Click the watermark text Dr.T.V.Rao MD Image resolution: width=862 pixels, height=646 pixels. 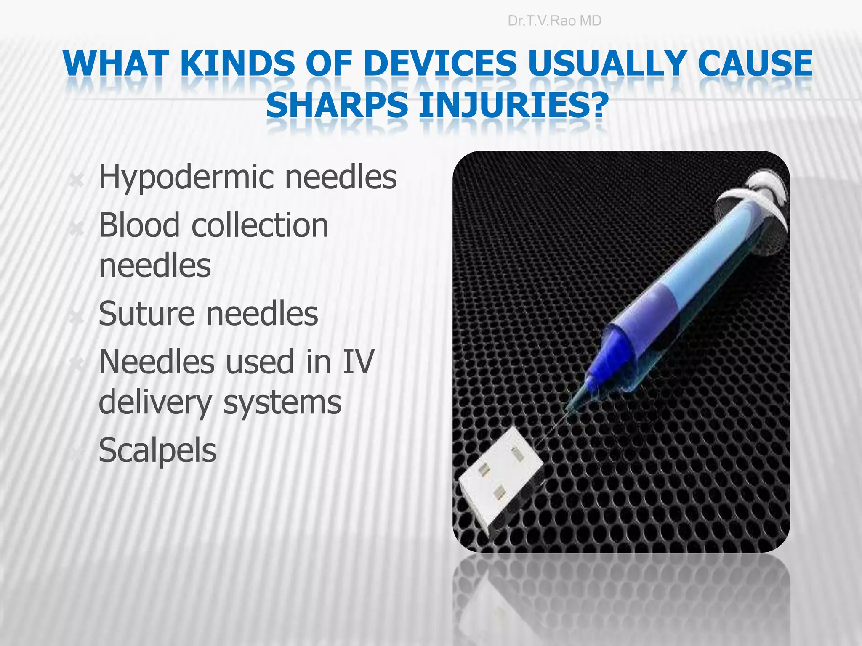(x=554, y=21)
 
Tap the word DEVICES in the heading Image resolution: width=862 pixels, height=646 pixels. (x=440, y=64)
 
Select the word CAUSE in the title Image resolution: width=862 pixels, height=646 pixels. (x=755, y=64)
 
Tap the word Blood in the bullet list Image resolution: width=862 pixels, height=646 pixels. (x=139, y=225)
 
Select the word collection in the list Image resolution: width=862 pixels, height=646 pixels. (x=260, y=225)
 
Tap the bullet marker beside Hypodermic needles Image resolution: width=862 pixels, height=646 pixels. (x=77, y=181)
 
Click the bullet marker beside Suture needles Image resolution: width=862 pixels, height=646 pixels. (x=77, y=318)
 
